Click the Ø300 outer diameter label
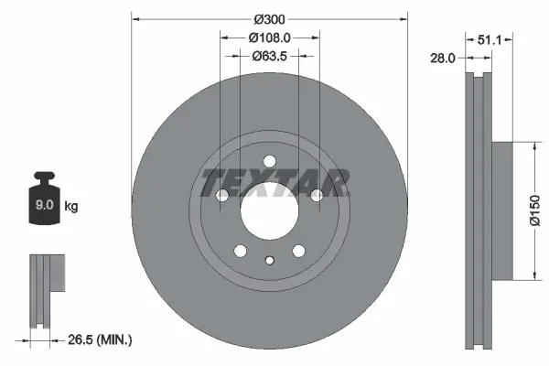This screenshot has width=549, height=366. click(270, 18)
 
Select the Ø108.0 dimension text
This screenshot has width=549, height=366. click(270, 38)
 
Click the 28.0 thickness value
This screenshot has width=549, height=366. click(443, 58)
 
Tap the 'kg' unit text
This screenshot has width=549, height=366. click(71, 207)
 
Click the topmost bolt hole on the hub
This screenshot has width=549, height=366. click(270, 163)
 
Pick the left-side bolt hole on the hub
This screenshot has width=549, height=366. click(222, 196)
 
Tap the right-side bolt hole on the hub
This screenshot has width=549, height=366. click(317, 196)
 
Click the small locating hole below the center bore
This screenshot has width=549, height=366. click(270, 261)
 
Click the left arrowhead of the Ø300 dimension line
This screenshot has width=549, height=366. click(136, 18)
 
